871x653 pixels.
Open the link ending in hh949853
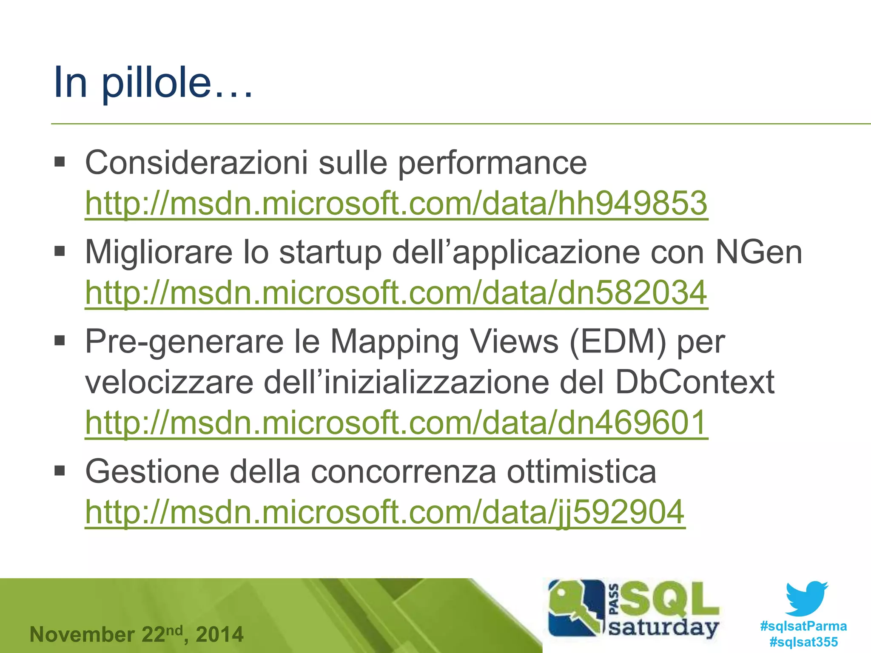pyautogui.click(x=396, y=203)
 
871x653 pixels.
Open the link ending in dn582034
pyautogui.click(x=396, y=292)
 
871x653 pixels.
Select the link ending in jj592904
pyautogui.click(x=385, y=512)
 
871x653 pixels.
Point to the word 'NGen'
pyautogui.click(x=759, y=252)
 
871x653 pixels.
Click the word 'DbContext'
pyautogui.click(x=695, y=382)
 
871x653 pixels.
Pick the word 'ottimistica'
pyautogui.click(x=581, y=471)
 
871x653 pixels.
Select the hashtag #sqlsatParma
pyautogui.click(x=803, y=626)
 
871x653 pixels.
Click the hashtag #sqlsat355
pyautogui.click(x=803, y=642)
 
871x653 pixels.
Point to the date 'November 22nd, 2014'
pyautogui.click(x=137, y=635)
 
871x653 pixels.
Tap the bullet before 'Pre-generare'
pyautogui.click(x=60, y=341)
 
